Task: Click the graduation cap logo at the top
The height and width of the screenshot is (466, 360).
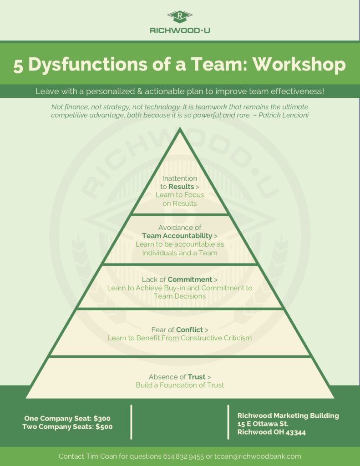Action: tap(180, 17)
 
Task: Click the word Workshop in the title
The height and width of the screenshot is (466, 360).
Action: tap(299, 64)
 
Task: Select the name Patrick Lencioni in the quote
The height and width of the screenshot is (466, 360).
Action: tap(284, 115)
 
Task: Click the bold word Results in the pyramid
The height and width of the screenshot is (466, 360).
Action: tap(181, 186)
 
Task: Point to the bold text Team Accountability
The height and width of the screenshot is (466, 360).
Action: tap(177, 236)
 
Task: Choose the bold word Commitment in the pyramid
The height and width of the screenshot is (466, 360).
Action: tap(190, 279)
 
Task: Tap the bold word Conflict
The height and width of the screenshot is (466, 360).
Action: tap(189, 329)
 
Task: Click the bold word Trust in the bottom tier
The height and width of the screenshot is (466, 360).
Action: tap(197, 377)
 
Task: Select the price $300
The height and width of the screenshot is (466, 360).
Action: tap(102, 419)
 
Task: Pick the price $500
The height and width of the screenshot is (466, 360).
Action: tap(104, 427)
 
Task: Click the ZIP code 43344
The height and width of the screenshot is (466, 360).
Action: tap(295, 432)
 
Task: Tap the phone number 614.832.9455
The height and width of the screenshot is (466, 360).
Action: tap(183, 456)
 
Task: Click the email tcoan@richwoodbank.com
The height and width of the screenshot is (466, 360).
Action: tap(258, 456)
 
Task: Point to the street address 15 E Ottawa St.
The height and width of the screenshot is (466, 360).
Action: tap(263, 424)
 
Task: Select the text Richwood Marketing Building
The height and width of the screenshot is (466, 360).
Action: tap(288, 415)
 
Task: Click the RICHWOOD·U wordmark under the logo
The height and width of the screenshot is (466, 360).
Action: tap(180, 30)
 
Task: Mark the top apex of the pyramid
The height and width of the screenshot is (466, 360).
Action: tap(180, 127)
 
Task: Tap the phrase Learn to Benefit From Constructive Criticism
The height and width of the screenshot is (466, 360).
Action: tap(180, 338)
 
